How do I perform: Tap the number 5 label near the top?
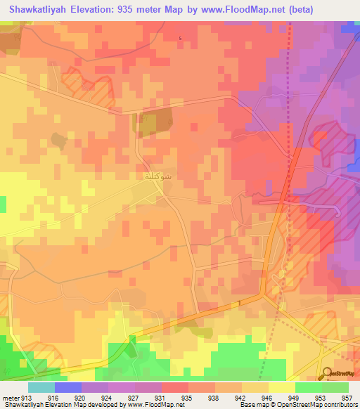180,37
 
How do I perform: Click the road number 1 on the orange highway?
238,303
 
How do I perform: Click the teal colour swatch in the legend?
41,387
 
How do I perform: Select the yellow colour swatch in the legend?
281,387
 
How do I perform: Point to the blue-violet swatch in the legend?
68,387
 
